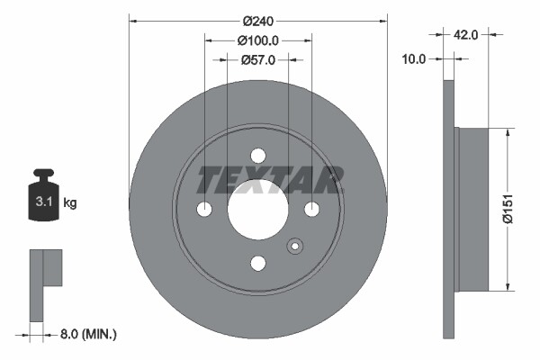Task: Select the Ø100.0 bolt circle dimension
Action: [258, 40]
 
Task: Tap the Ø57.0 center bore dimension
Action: [258, 59]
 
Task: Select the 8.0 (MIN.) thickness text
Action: [86, 334]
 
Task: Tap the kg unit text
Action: [70, 203]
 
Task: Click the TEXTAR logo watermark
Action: [270, 180]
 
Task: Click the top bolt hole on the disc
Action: [258, 155]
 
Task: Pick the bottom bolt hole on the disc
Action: [258, 263]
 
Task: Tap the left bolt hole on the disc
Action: [204, 209]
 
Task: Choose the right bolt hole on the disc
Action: [311, 209]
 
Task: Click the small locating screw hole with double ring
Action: [294, 246]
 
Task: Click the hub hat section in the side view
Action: [472, 210]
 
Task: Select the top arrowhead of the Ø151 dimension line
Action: [508, 132]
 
